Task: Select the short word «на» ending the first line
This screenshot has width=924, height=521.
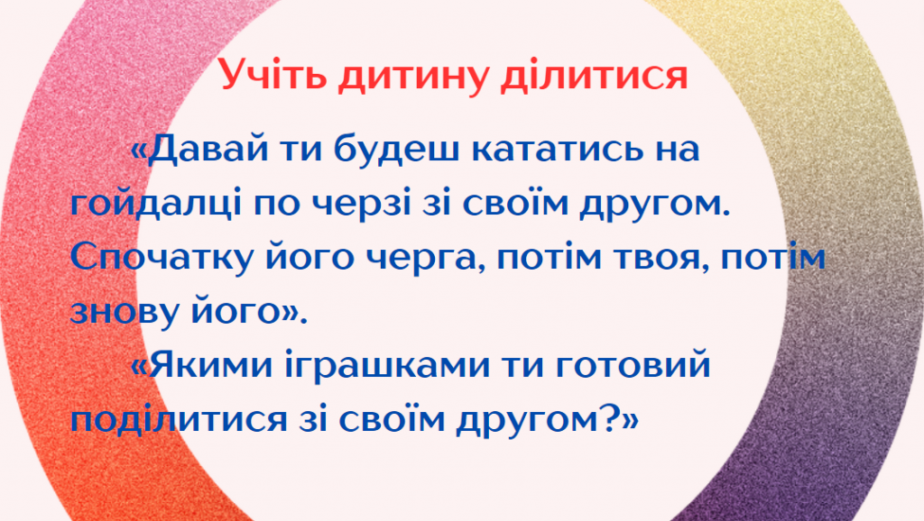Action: tap(677, 151)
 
